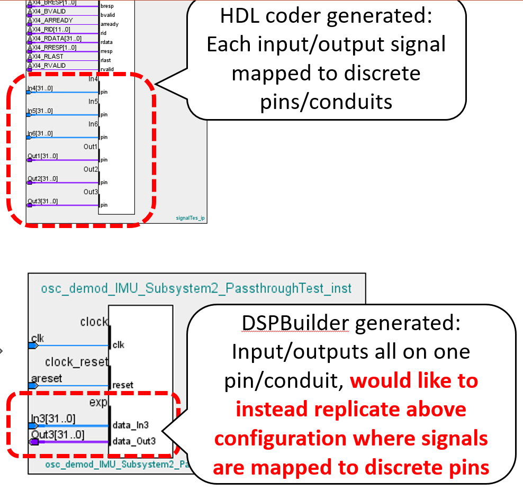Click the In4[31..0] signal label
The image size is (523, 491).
40,88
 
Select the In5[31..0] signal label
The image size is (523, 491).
40,111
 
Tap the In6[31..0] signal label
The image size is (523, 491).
40,134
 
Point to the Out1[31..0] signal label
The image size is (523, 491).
42,156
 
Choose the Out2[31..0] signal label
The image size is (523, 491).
42,179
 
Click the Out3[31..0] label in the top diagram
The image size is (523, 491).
42,202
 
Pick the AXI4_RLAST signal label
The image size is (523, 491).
46,57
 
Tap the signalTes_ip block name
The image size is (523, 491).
190,217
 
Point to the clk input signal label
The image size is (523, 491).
38,338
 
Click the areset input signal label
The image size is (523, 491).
47,378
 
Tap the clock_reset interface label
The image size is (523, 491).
76,362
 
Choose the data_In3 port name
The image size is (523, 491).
130,424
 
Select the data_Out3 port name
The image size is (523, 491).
134,440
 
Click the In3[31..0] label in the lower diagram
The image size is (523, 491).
52,419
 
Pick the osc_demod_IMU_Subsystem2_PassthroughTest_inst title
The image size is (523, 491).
196,288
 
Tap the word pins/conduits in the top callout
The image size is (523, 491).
326,101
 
